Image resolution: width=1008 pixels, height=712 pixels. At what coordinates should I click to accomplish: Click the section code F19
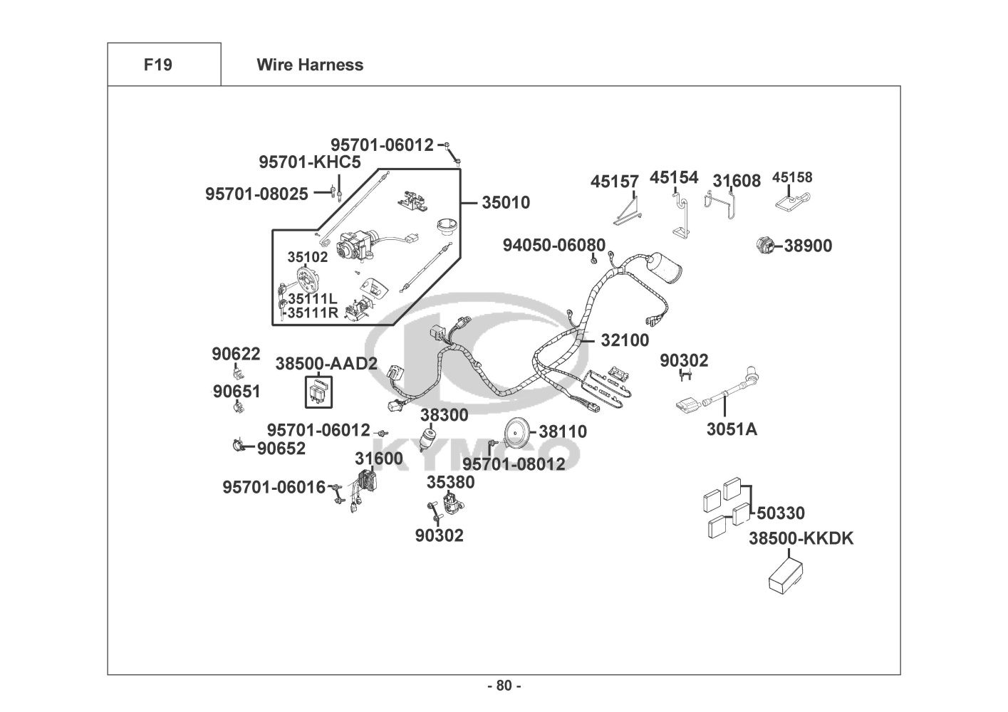point(158,65)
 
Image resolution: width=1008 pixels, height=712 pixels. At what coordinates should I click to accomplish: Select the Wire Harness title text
point(310,65)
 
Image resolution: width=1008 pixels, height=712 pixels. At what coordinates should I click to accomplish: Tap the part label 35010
point(506,202)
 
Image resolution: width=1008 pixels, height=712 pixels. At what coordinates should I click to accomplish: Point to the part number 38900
point(809,246)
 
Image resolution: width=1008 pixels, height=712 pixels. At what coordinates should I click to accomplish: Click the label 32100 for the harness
point(625,340)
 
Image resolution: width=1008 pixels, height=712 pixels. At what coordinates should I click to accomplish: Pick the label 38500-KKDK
point(801,538)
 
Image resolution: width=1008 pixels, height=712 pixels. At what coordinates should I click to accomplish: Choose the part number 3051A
point(732,429)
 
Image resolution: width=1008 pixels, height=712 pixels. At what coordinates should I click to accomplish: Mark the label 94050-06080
point(554,245)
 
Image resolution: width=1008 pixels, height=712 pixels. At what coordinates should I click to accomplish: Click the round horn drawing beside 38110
point(515,431)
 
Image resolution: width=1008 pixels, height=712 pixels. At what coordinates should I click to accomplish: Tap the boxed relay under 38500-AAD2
point(318,392)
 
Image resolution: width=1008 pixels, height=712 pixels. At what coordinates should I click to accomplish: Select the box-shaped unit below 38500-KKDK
point(785,576)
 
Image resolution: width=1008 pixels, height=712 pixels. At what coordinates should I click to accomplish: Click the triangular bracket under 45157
point(628,211)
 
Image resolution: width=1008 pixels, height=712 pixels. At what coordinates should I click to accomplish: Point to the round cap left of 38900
point(765,246)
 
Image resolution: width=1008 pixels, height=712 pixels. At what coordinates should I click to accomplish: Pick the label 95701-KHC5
point(310,162)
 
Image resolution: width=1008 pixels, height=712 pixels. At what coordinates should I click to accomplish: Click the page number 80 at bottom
point(504,686)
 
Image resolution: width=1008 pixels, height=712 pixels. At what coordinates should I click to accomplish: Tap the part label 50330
point(781,513)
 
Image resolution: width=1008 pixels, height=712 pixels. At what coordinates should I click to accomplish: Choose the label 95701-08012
point(514,464)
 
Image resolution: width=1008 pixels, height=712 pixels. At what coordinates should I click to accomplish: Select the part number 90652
point(281,448)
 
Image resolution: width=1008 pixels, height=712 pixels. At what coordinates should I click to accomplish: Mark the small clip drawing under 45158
point(792,201)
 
